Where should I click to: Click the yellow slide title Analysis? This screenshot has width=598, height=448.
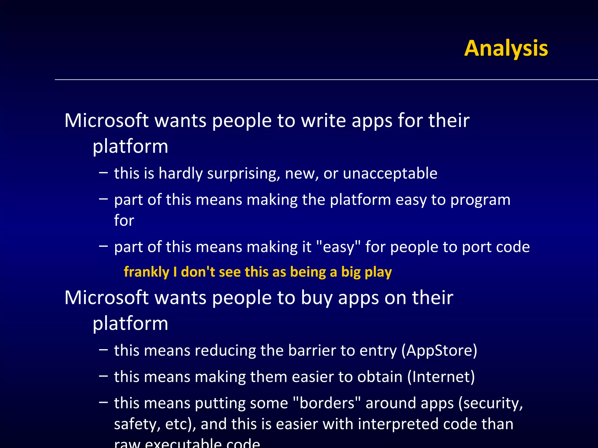click(506, 48)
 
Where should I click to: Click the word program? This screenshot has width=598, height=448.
click(480, 200)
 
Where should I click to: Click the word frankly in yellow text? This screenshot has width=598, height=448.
click(146, 272)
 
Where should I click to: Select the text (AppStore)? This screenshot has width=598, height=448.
click(439, 350)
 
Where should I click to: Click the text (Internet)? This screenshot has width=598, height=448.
click(441, 377)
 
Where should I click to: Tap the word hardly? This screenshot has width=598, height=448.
click(180, 174)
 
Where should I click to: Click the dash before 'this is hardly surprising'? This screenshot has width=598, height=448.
click(103, 172)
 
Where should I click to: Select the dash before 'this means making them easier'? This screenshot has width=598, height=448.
click(103, 376)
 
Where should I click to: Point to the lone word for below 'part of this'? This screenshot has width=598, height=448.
click(124, 220)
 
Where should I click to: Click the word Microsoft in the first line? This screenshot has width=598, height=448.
click(106, 120)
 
